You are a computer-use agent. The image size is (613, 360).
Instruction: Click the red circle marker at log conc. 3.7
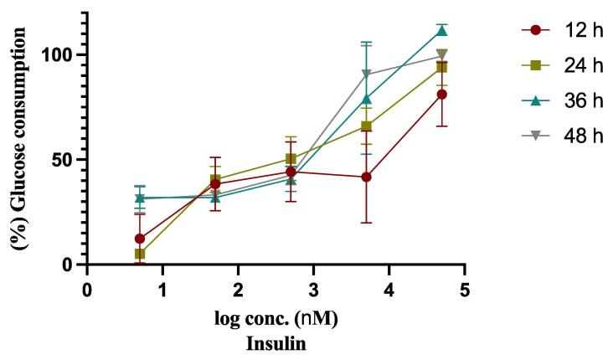coord(366,177)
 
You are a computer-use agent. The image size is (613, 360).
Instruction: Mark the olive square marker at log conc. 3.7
coord(366,126)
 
